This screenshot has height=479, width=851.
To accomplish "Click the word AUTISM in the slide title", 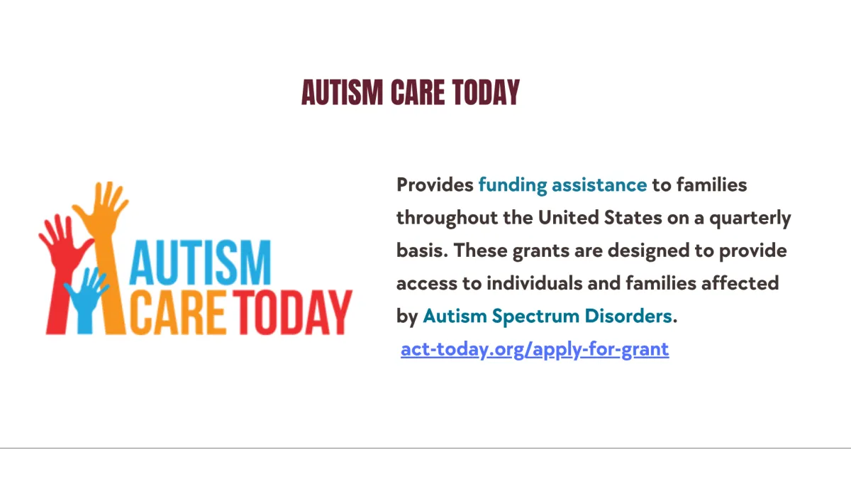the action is (x=343, y=92).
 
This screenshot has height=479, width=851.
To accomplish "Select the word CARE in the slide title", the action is (x=418, y=92).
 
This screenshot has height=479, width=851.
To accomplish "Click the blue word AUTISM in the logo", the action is (x=200, y=263).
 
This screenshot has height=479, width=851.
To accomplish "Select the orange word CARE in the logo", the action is (x=179, y=312).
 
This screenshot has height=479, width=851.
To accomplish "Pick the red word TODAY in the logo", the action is (x=292, y=312).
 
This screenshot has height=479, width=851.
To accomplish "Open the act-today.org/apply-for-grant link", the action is (x=535, y=349).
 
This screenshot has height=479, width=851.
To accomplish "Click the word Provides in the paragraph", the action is (x=435, y=185).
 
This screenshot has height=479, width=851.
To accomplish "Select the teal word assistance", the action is (x=599, y=185).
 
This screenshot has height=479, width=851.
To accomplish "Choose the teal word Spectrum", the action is (x=535, y=316).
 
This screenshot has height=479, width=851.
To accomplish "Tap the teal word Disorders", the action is (x=628, y=316).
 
